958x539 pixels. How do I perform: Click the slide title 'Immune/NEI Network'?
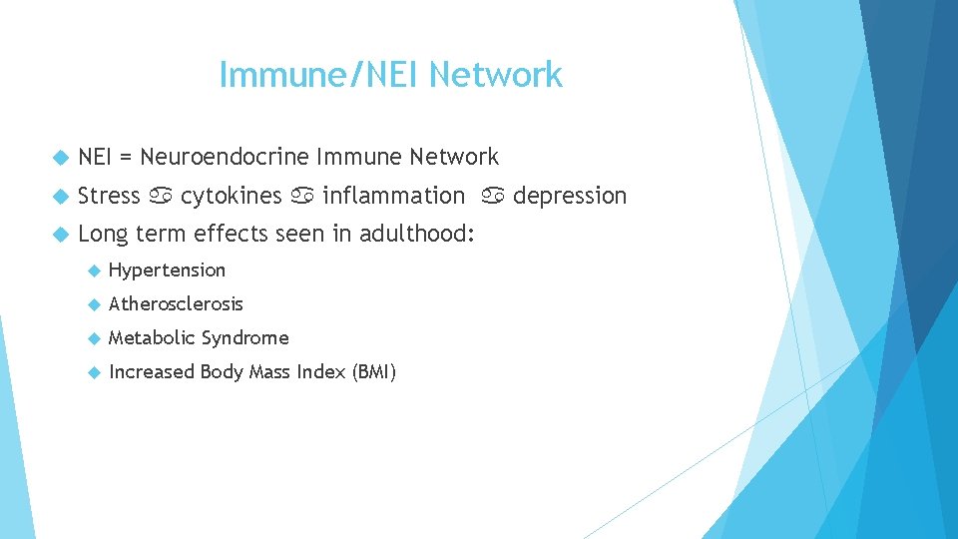pos(390,75)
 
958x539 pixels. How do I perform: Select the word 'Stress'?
pos(109,196)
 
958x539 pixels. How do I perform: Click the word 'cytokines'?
pos(231,196)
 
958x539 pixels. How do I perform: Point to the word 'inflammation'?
pos(393,196)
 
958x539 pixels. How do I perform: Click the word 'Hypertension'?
pos(167,269)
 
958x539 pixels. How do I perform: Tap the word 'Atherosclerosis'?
pos(176,303)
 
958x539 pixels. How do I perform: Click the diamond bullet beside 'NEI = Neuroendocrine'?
pos(58,158)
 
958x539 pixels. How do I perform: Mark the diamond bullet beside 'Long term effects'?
pos(58,235)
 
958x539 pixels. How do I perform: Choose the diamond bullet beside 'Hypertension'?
pos(94,270)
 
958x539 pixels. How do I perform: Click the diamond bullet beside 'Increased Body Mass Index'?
pos(94,373)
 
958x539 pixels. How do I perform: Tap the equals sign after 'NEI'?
pos(126,158)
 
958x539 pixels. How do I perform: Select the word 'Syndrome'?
pos(244,338)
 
